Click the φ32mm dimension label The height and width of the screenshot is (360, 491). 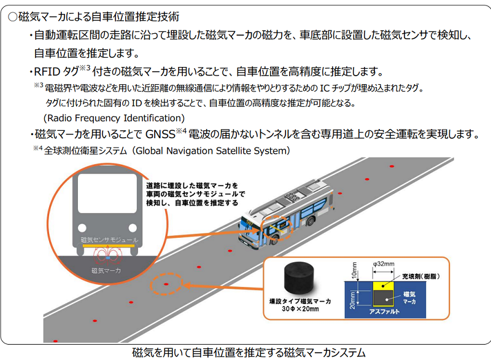point(384,264)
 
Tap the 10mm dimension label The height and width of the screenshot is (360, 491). point(354,270)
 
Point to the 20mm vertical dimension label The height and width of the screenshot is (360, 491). point(352,300)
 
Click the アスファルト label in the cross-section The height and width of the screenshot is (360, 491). point(384,311)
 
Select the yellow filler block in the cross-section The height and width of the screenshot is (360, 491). point(383,286)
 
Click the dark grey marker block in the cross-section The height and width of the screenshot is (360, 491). point(383,298)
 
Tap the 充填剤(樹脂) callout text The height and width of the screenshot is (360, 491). point(421,276)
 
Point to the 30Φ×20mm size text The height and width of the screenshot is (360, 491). point(300,309)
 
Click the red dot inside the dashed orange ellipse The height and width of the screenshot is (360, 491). point(166,284)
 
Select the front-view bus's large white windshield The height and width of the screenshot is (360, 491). point(107,194)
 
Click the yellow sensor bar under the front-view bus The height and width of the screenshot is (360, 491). point(109,246)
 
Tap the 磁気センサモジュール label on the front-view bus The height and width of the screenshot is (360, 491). point(109,240)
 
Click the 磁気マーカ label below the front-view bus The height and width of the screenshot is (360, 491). point(106,270)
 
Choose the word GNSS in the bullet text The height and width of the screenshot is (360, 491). point(160,135)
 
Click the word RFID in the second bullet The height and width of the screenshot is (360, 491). point(47,72)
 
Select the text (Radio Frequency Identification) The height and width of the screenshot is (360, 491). point(114,118)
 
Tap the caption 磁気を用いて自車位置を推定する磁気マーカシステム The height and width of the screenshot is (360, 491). point(249,353)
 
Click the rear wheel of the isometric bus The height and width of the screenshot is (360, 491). point(311,221)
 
